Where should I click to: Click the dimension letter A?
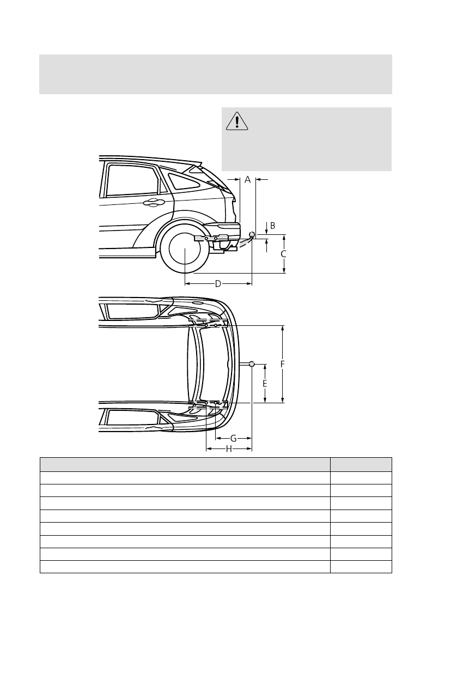coord(247,179)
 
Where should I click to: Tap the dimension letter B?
coord(272,226)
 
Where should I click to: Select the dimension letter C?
coord(284,254)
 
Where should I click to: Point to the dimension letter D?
coord(218,283)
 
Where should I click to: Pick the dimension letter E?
coord(265,384)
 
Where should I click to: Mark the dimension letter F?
coord(283,364)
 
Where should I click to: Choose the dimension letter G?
coord(233,438)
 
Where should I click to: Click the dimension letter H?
coord(229,448)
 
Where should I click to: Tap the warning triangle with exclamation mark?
coord(237,121)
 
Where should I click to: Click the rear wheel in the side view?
coord(185,248)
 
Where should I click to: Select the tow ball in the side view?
coord(252,235)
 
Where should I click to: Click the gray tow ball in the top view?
coord(252,363)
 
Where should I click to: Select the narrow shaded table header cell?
coord(361,464)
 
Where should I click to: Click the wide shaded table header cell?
coord(185,464)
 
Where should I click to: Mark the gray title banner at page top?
coord(216,74)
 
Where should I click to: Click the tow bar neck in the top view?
coord(243,363)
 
